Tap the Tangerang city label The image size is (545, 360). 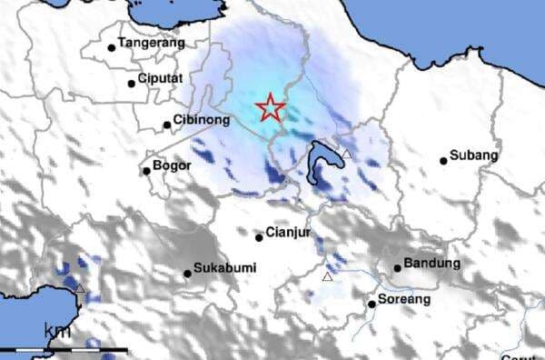(152, 43)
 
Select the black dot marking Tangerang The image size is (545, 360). (112, 47)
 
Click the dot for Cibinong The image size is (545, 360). (168, 125)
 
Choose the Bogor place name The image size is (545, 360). (173, 165)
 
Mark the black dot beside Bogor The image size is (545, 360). (146, 170)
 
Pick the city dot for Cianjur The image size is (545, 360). (259, 237)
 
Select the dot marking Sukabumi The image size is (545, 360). (187, 272)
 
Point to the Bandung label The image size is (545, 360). (433, 263)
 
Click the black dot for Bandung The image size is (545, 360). (398, 267)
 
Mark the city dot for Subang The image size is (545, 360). (444, 161)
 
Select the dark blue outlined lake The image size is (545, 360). (321, 165)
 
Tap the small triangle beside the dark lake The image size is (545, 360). (346, 155)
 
